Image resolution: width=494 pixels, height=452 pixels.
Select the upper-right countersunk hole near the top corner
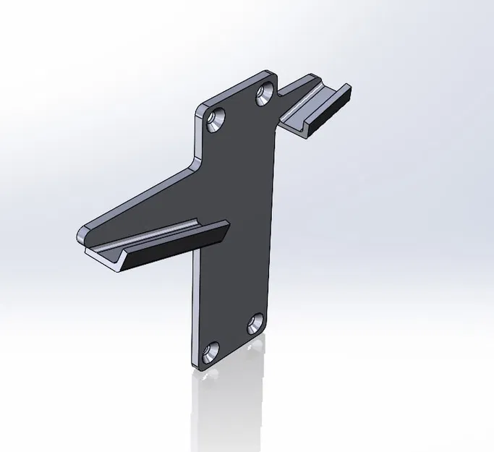pos(265,92)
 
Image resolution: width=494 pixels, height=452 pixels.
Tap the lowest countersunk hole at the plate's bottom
pos(211,352)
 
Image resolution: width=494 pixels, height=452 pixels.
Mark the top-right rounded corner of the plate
pos(273,77)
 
